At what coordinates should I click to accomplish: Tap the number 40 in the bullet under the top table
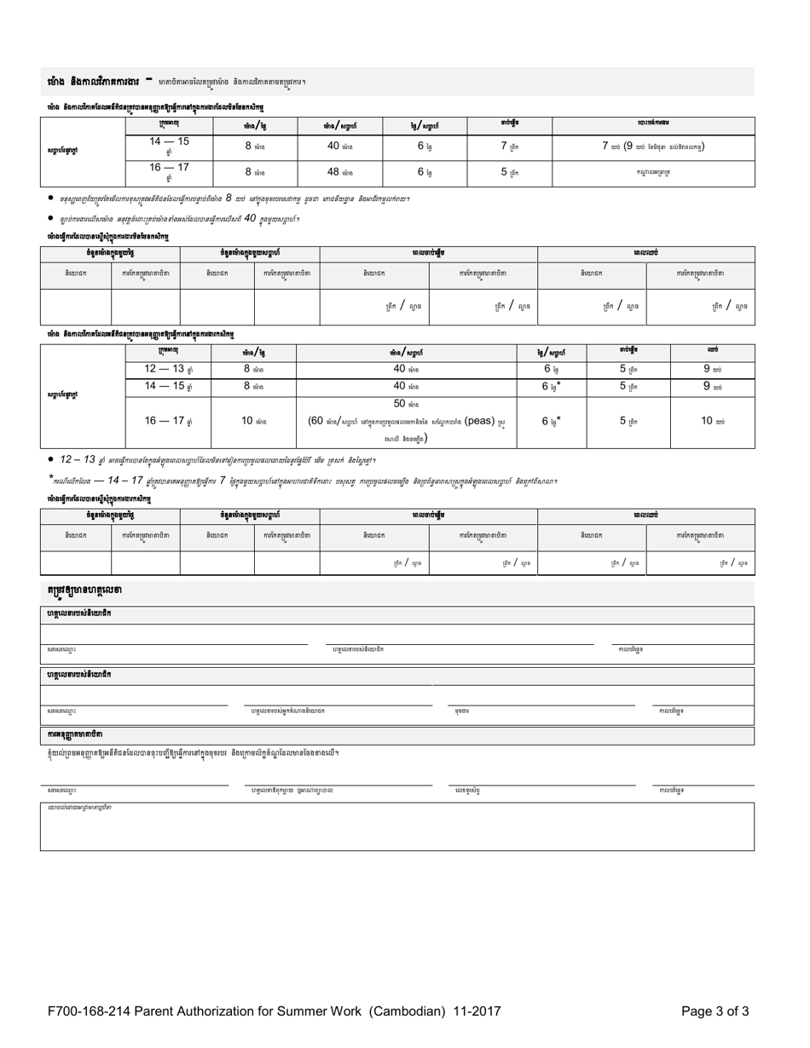(251, 218)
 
